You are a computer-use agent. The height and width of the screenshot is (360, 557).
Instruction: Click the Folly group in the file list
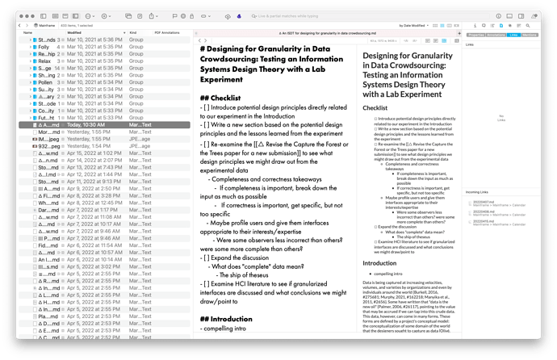(x=44, y=47)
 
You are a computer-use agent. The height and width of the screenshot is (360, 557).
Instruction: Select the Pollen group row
(x=45, y=82)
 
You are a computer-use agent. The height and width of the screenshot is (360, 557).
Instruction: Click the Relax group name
(x=44, y=61)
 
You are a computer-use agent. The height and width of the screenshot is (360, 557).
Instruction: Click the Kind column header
(x=135, y=32)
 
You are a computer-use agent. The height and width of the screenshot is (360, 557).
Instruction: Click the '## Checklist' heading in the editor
(x=232, y=98)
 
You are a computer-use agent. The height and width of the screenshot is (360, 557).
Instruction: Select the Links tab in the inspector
(x=514, y=35)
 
